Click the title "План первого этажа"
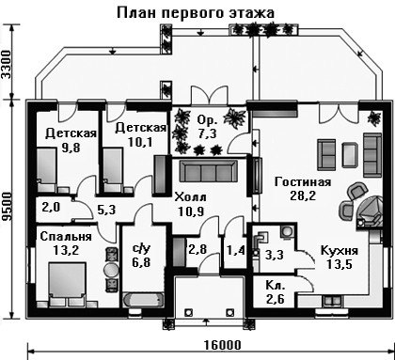click(x=196, y=13)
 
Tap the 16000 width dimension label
click(x=223, y=345)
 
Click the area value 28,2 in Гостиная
click(x=303, y=196)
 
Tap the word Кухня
click(x=340, y=251)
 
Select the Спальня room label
click(x=66, y=237)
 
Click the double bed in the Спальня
click(x=67, y=284)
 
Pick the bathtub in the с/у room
click(x=143, y=300)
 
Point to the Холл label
click(x=191, y=197)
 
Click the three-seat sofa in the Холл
click(x=209, y=171)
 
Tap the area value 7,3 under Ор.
click(x=207, y=133)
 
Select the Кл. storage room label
click(x=276, y=286)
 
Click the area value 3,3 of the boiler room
click(x=275, y=255)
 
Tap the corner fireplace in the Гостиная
click(x=371, y=211)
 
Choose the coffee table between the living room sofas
click(x=350, y=154)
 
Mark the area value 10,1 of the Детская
click(x=140, y=142)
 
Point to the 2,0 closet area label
click(x=51, y=208)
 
